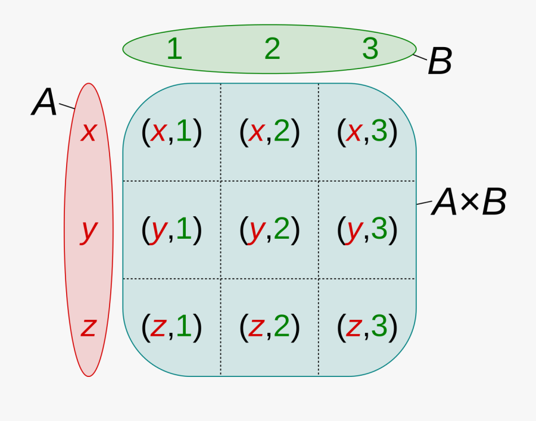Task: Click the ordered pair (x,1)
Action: point(172,132)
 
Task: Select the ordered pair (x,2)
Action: point(269,132)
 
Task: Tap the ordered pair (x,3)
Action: point(367,132)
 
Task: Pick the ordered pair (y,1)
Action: point(172,229)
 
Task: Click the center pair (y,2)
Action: point(269,229)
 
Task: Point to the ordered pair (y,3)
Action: point(367,229)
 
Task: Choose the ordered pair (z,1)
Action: point(172,326)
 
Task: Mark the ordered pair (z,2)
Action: point(269,326)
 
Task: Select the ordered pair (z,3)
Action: point(367,326)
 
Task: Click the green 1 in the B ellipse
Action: point(174,49)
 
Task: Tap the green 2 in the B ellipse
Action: point(272,49)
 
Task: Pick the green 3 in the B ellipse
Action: point(370,49)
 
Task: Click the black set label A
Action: point(45,102)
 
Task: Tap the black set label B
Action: point(440,61)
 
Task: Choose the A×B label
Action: point(469,203)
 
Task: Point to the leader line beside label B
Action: point(420,57)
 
